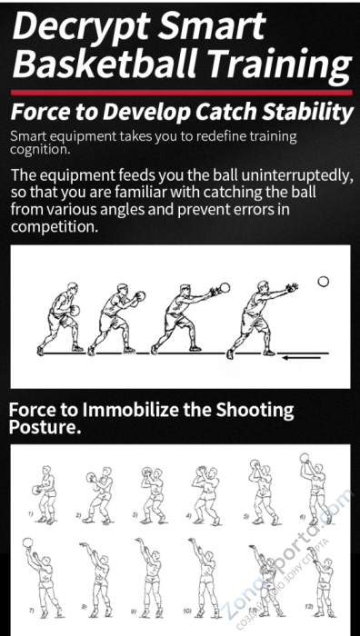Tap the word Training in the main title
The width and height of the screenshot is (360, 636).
(x=280, y=65)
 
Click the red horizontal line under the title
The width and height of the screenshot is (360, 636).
(x=182, y=93)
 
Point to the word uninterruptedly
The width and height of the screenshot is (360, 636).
(x=296, y=176)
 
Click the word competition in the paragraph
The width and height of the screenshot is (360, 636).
(x=55, y=227)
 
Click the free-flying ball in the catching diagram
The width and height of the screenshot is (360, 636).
(x=323, y=282)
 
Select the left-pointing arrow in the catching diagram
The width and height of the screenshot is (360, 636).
(x=302, y=358)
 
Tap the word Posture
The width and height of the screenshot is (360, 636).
(x=44, y=427)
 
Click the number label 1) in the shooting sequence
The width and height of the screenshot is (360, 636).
(x=30, y=514)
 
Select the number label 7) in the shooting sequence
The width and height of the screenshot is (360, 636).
(x=31, y=610)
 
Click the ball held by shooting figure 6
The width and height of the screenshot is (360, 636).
(x=305, y=458)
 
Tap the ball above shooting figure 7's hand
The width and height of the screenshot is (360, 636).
(x=27, y=542)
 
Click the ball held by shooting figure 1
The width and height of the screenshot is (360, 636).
(x=35, y=490)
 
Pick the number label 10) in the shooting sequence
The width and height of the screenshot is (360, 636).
(x=187, y=611)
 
